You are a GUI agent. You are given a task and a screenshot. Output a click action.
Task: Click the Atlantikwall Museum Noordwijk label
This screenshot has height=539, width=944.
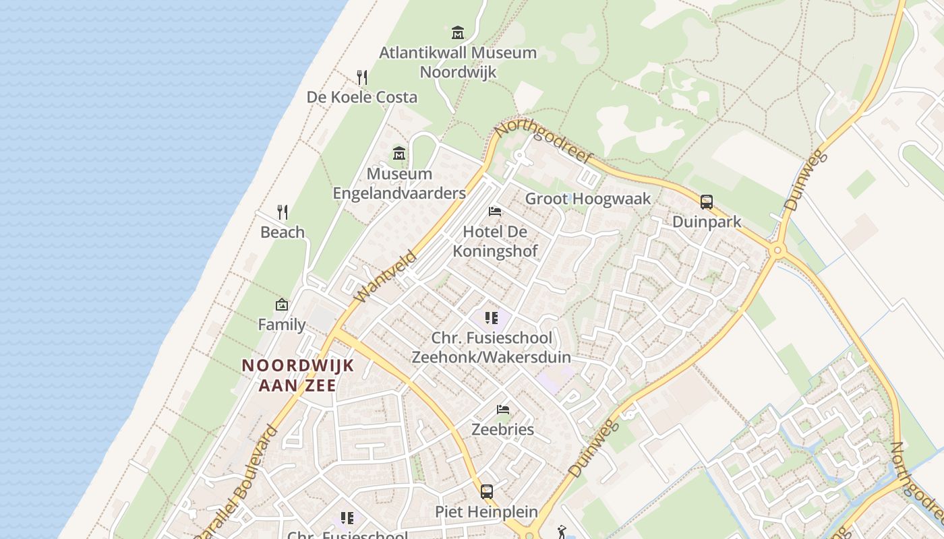[458, 62]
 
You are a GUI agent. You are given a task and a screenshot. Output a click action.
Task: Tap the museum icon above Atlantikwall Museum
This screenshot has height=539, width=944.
[458, 32]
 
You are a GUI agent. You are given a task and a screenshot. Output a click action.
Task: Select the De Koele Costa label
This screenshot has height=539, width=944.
[362, 97]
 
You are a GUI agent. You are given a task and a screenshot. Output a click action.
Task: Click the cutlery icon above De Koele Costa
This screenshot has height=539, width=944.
[362, 77]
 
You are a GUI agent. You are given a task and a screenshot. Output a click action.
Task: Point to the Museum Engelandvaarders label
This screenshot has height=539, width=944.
[399, 183]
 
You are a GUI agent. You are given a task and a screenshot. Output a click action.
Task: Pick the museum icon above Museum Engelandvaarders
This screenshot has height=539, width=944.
[399, 154]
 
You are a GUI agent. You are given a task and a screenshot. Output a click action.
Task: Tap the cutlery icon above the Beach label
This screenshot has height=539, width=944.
[283, 212]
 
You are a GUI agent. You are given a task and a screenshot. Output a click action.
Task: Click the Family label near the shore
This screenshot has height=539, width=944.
[282, 325]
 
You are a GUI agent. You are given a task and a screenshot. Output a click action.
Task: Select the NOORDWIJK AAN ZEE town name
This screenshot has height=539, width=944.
[298, 375]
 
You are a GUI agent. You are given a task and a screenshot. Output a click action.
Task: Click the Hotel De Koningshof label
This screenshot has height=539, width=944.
[495, 241]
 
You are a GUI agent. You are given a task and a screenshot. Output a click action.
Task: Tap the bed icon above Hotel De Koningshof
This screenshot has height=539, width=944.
[495, 212]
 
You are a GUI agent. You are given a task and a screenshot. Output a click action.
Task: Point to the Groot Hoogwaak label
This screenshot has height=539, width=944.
[588, 199]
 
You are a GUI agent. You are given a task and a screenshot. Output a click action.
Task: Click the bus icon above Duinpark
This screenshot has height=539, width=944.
[707, 201]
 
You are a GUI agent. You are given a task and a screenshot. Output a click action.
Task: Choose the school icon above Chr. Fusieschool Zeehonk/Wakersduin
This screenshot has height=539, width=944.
[491, 318]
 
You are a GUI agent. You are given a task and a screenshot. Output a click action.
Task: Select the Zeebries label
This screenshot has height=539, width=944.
[502, 429]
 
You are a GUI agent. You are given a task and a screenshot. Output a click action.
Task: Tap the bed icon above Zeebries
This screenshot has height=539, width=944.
[502, 409]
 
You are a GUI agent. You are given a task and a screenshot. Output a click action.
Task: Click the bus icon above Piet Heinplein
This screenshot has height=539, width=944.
[486, 491]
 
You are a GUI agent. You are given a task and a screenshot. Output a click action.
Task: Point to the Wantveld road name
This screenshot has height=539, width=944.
[384, 276]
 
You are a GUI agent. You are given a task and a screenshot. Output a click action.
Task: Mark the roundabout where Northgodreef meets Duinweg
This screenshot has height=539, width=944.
[777, 250]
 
